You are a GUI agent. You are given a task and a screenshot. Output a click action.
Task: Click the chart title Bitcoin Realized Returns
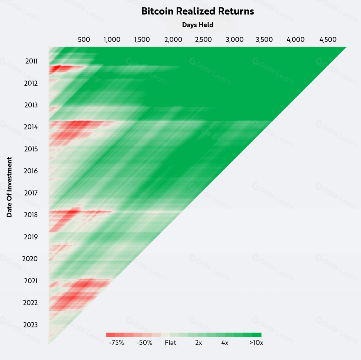click(198, 11)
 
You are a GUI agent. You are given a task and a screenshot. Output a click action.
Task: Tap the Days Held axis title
click(198, 25)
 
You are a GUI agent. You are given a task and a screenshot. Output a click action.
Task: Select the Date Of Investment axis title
click(9, 187)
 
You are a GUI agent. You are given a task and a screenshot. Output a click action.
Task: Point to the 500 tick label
click(84, 39)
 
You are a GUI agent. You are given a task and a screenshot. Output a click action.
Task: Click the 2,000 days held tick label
click(173, 39)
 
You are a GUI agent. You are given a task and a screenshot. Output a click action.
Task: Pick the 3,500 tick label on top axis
click(264, 39)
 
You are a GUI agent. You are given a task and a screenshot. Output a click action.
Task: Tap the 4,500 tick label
click(328, 39)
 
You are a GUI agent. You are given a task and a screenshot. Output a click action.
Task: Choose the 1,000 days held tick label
click(112, 39)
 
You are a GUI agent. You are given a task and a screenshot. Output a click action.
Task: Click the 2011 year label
click(31, 61)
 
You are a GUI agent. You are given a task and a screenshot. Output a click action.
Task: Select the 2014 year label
click(31, 127)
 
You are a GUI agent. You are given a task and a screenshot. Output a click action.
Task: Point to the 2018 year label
click(31, 215)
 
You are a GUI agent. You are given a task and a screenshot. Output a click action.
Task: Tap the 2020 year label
click(30, 259)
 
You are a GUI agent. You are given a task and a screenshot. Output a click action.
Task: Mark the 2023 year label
click(30, 325)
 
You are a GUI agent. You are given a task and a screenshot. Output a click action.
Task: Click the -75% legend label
click(117, 343)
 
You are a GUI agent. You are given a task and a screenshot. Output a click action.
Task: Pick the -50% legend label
click(144, 343)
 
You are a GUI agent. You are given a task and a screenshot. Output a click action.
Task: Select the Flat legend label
click(171, 343)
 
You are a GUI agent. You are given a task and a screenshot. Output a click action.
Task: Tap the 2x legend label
click(199, 343)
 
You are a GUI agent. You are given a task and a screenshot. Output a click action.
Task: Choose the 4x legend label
click(225, 343)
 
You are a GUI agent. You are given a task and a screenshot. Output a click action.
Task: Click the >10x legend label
click(256, 343)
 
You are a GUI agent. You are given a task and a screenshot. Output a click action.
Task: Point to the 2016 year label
click(31, 171)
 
